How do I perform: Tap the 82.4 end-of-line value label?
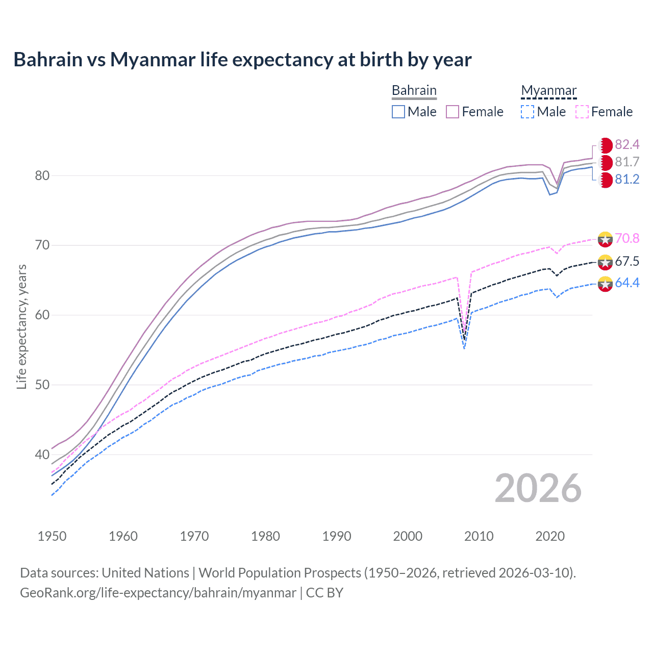pyautogui.click(x=627, y=144)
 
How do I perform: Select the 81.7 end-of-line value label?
pyautogui.click(x=627, y=162)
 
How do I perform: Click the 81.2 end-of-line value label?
pyautogui.click(x=627, y=179)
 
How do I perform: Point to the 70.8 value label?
pyautogui.click(x=627, y=238)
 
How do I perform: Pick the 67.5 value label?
pyautogui.click(x=627, y=262)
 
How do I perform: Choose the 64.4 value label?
pyautogui.click(x=627, y=283)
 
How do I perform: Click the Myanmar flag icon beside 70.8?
pyautogui.click(x=605, y=239)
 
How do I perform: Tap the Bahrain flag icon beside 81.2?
pyautogui.click(x=605, y=180)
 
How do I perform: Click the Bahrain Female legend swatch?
pyautogui.click(x=453, y=112)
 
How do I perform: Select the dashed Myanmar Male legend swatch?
pyautogui.click(x=528, y=112)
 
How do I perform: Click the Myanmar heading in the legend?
pyautogui.click(x=548, y=91)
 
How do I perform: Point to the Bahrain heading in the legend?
pyautogui.click(x=414, y=91)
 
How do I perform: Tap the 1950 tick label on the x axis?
pyautogui.click(x=52, y=536)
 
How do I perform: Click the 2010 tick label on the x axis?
pyautogui.click(x=479, y=536)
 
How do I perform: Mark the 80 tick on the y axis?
pyautogui.click(x=42, y=175)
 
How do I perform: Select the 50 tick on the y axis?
pyautogui.click(x=42, y=385)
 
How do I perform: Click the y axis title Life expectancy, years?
pyautogui.click(x=21, y=326)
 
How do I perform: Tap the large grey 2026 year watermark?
pyautogui.click(x=538, y=488)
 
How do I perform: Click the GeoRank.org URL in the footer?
pyautogui.click(x=158, y=593)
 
